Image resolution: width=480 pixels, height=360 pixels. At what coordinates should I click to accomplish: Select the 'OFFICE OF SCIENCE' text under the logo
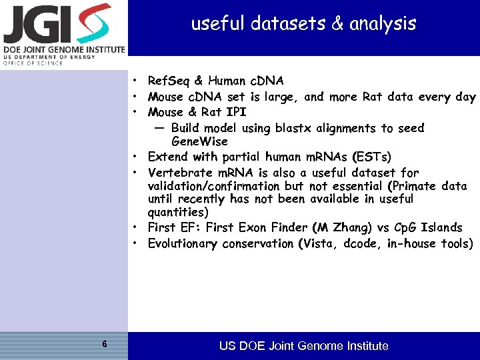pyautogui.click(x=33, y=63)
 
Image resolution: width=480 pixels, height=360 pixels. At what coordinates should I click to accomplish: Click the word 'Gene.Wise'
pyautogui.click(x=199, y=141)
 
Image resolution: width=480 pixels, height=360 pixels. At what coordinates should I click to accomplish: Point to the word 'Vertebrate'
pyautogui.click(x=179, y=173)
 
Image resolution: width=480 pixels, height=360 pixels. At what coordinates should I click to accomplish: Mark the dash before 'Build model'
pyautogui.click(x=159, y=128)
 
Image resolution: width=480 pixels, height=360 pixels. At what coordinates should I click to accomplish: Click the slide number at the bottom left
pyautogui.click(x=105, y=345)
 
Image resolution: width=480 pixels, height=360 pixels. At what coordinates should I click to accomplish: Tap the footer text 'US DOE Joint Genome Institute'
pyautogui.click(x=303, y=345)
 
